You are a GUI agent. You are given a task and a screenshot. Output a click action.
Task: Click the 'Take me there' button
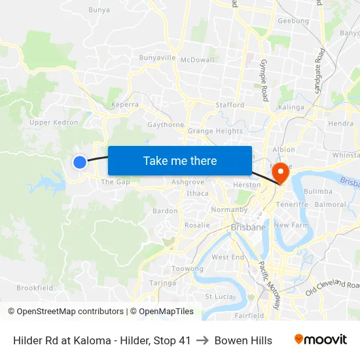tap(180, 160)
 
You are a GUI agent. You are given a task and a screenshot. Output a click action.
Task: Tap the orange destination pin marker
tap(281, 173)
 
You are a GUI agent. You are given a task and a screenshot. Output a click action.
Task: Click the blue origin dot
tap(79, 162)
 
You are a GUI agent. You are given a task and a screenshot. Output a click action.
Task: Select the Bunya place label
tap(99, 10)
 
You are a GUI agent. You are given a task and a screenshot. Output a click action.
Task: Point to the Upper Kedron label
tap(54, 122)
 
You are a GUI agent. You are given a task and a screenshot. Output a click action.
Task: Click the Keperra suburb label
tap(125, 104)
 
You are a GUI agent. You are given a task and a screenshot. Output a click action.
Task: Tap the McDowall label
tap(197, 60)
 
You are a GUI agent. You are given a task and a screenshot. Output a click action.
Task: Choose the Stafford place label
tap(230, 105)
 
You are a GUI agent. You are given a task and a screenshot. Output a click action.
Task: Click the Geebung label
tap(293, 21)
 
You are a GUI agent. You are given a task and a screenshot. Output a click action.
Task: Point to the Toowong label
tap(187, 268)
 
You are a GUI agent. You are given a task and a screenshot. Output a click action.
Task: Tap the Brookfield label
tap(35, 287)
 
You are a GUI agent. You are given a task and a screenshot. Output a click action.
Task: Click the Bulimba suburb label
tap(318, 191)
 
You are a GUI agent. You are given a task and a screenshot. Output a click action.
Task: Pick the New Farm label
tap(291, 225)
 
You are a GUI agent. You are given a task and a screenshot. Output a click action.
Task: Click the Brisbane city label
tap(248, 227)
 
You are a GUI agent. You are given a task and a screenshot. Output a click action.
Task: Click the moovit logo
tap(320, 340)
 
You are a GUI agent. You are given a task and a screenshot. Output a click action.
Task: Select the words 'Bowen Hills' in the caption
tap(243, 340)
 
